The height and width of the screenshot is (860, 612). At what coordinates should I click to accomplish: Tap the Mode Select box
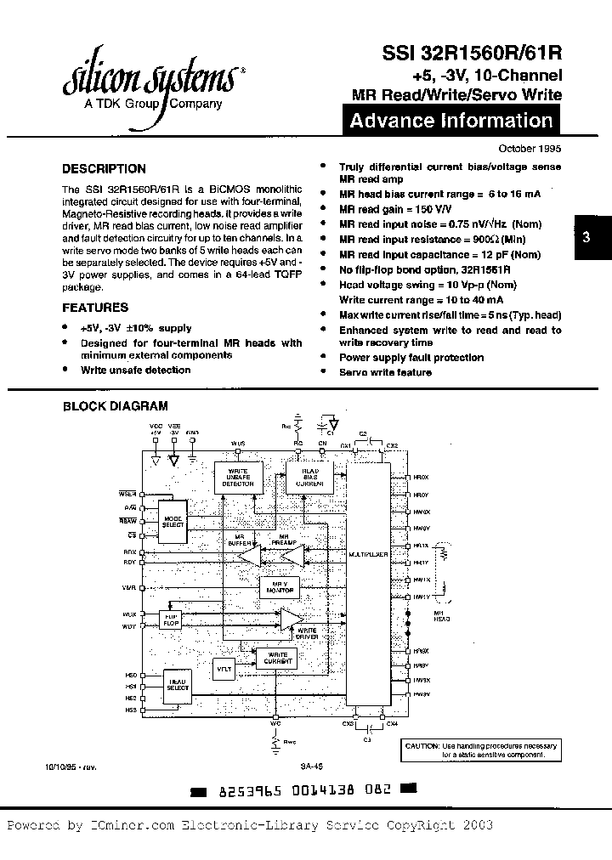[173, 522]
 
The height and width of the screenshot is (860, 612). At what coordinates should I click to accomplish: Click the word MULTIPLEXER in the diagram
[368, 553]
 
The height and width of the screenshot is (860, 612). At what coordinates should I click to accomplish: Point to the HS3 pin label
[131, 710]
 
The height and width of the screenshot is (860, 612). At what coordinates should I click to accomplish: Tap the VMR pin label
[129, 587]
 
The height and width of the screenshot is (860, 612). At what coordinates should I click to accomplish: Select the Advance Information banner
[451, 121]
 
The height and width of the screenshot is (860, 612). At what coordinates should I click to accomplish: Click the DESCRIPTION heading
[104, 168]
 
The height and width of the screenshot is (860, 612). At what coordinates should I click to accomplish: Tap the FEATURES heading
[95, 308]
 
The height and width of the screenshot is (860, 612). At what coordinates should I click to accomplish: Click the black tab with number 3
[586, 239]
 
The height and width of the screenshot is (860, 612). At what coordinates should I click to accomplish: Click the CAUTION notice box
[480, 749]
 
